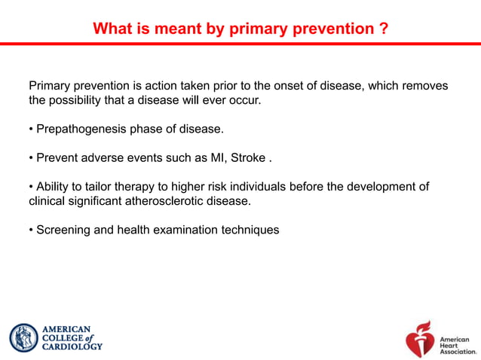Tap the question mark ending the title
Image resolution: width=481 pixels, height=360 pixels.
click(384, 29)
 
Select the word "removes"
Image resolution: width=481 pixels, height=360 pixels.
click(425, 86)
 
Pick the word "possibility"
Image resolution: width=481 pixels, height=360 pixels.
click(80, 100)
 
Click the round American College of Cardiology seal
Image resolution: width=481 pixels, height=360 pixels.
click(23, 338)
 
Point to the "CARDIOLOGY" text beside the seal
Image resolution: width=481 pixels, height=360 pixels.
click(72, 347)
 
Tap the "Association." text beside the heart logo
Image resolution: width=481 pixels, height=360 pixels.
click(458, 351)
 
